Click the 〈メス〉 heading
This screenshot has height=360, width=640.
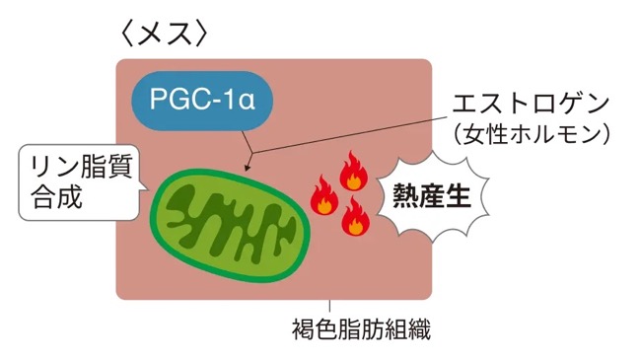[165, 34]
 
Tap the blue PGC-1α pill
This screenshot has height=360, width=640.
[202, 101]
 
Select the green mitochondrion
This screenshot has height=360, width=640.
[231, 225]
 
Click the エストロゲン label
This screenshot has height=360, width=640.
[531, 104]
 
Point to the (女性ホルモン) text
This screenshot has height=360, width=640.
[532, 134]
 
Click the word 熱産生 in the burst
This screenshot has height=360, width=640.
[432, 196]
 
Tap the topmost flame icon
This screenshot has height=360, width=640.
[354, 172]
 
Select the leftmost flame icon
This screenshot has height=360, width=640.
[324, 195]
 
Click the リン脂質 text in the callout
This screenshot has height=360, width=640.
[82, 167]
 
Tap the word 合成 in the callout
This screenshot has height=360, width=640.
[57, 197]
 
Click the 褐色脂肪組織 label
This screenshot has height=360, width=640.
[362, 329]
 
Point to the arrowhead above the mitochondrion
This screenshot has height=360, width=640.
[247, 168]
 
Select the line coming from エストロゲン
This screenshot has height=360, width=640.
[350, 135]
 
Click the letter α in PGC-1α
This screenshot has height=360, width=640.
[247, 101]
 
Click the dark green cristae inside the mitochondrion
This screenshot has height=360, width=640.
[231, 225]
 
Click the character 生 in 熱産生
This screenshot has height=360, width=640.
[459, 196]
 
